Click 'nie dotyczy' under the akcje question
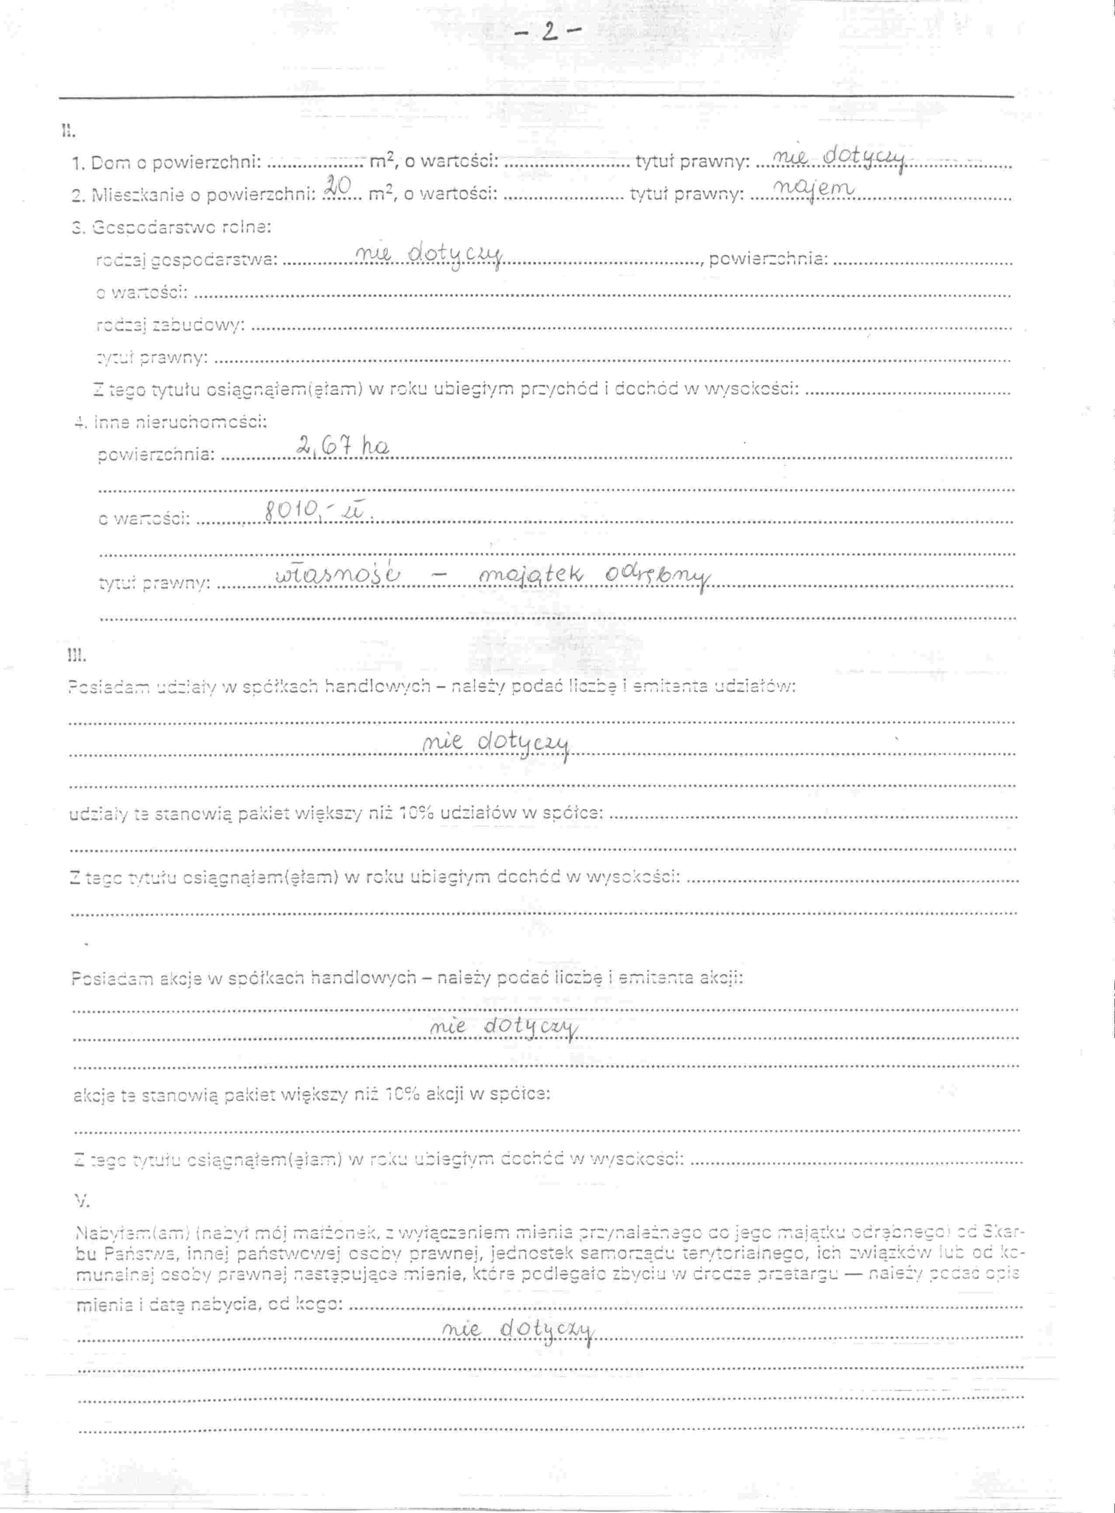click(x=504, y=1028)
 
